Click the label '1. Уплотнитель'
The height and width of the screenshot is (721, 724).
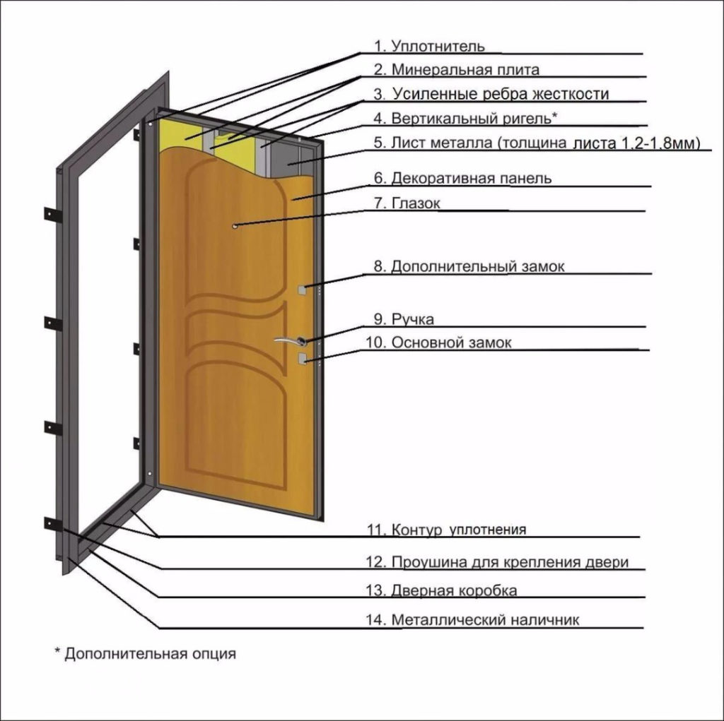(x=429, y=46)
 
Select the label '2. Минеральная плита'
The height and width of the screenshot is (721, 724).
(x=456, y=70)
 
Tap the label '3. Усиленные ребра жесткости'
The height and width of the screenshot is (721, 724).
(x=491, y=94)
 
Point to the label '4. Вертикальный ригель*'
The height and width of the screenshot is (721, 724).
(x=465, y=118)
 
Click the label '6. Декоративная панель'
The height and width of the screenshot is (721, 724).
(x=462, y=178)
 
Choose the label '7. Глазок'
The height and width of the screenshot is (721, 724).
(x=407, y=203)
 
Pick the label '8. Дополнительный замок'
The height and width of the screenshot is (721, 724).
(x=469, y=266)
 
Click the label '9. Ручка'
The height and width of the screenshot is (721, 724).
(x=404, y=319)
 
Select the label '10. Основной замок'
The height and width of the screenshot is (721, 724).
(x=438, y=342)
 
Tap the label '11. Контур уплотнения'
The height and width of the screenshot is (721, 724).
(x=447, y=529)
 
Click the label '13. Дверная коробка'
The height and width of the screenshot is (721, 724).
(x=441, y=590)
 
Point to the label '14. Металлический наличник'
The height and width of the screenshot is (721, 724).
(x=472, y=619)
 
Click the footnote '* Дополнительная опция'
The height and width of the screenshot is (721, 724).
(x=146, y=654)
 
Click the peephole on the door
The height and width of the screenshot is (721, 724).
(x=235, y=226)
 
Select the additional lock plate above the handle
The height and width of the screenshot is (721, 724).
(x=302, y=290)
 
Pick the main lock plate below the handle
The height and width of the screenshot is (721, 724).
(x=302, y=358)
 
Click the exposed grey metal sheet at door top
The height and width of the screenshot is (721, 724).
(x=290, y=157)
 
